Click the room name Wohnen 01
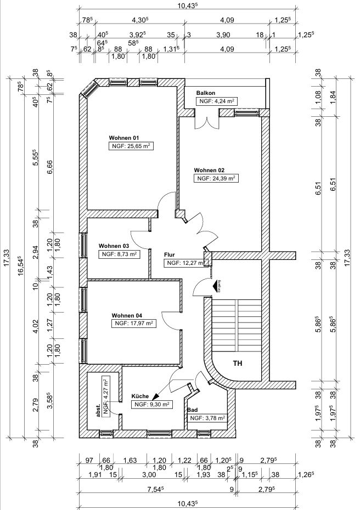tap(125, 137)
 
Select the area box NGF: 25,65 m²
tap(131, 146)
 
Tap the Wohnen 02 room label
tap(209, 170)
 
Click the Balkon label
tap(205, 93)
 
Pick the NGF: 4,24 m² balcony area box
tap(217, 101)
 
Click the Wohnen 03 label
tap(114, 246)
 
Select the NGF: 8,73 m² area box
tap(119, 254)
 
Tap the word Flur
tap(170, 254)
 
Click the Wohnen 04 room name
tap(127, 315)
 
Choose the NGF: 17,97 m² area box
tap(133, 324)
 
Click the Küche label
tap(140, 396)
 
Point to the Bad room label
tap(192, 410)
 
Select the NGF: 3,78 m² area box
tap(207, 418)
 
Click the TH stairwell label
tap(238, 364)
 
